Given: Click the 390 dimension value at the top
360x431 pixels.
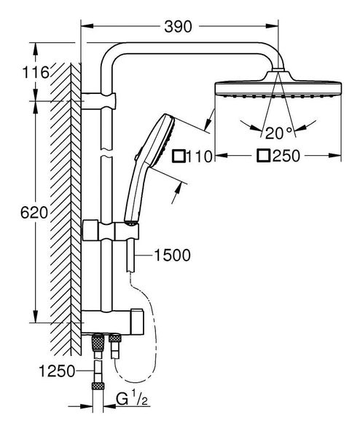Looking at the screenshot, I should coord(178,27).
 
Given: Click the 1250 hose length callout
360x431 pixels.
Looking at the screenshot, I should coord(57,371).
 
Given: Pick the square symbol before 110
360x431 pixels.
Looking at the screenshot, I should coord(179,156).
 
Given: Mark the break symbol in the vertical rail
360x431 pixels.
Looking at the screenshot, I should coord(107,154).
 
